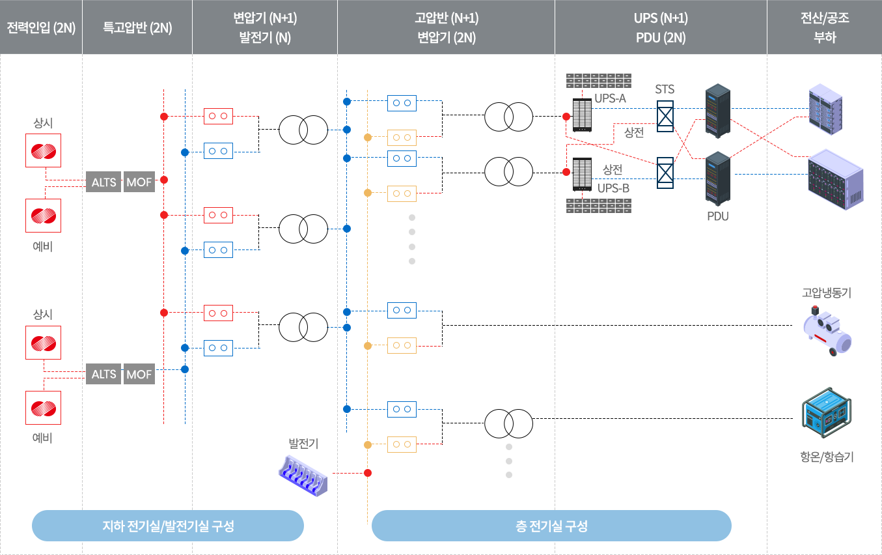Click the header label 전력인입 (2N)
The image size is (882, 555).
point(41,28)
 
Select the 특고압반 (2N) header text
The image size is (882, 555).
point(137,28)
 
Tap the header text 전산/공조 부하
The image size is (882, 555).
point(825,28)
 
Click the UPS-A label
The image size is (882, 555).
point(610,98)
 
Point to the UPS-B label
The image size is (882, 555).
point(613,188)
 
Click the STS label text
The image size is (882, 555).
point(665,89)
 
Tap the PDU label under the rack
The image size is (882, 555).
point(718,216)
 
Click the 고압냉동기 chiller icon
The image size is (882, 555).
point(827,330)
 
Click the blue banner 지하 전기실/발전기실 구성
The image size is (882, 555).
point(167,526)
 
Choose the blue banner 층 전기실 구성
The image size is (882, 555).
point(551,526)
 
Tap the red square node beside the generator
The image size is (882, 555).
point(367,473)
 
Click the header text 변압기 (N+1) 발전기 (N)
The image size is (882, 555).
point(265,28)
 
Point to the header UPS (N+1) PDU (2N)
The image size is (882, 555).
point(661,28)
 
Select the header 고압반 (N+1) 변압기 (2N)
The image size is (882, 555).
point(446,28)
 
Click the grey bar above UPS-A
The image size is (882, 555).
point(598,81)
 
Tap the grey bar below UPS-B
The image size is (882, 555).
point(598,206)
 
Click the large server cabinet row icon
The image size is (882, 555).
point(836,179)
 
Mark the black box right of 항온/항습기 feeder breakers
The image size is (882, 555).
point(497,427)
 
